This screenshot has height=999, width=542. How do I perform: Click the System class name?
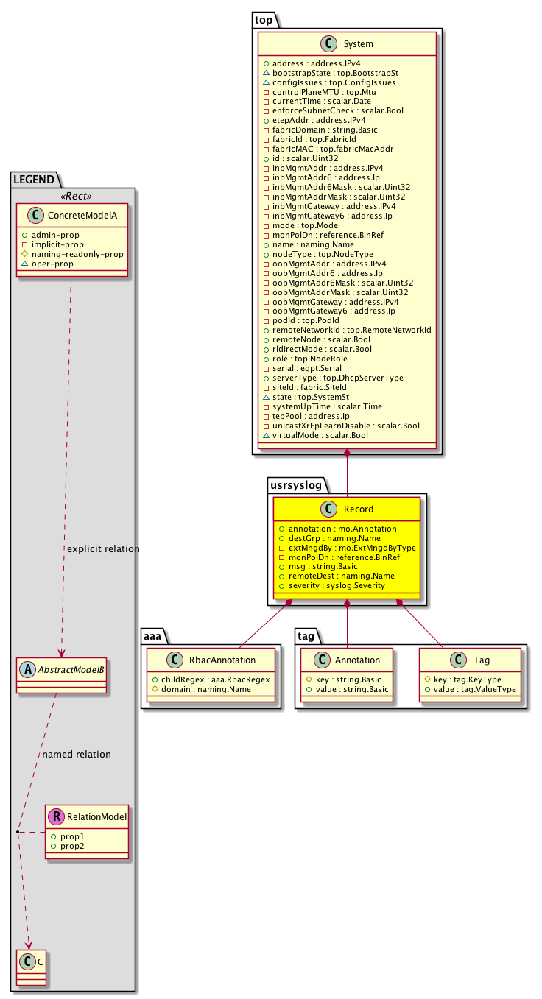[x=358, y=44]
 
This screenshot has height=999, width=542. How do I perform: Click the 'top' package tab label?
[x=264, y=21]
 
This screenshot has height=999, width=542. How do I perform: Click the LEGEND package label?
[x=33, y=177]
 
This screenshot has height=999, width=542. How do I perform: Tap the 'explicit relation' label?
[x=103, y=549]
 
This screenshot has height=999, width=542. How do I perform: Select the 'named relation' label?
[x=77, y=755]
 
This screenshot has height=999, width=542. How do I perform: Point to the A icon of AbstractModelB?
[x=27, y=669]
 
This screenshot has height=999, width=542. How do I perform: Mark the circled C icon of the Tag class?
[x=451, y=660]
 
